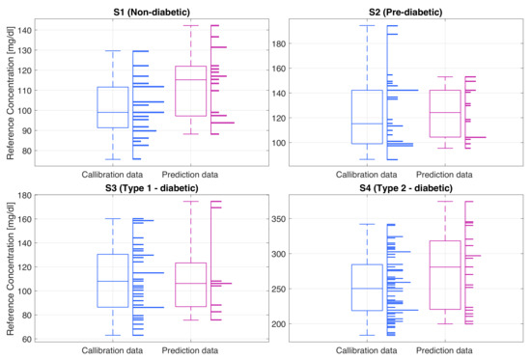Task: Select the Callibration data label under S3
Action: pos(113,349)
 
